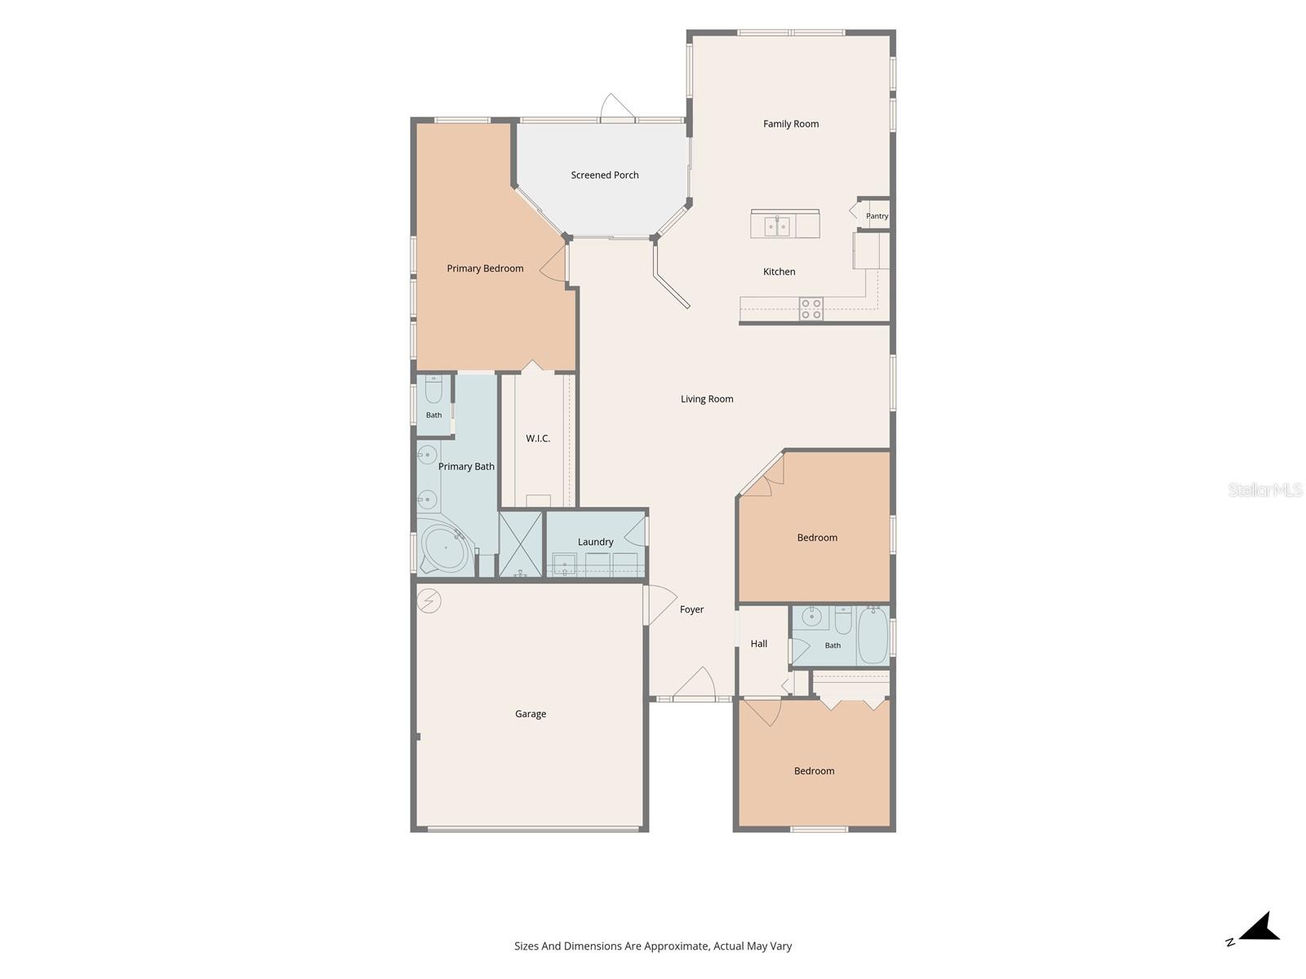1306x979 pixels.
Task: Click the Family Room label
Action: tap(790, 124)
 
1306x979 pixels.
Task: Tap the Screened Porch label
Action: tap(605, 175)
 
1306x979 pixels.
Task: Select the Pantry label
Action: tap(877, 215)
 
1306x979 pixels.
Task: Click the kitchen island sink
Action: tap(776, 225)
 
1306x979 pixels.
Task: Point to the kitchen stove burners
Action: tap(811, 308)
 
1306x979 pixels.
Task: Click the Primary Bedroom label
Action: tap(485, 268)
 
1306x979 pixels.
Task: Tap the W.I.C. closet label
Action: tap(537, 438)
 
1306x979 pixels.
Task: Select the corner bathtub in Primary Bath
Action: tap(445, 547)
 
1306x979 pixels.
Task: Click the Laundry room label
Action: tap(595, 542)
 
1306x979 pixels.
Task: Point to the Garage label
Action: tap(530, 713)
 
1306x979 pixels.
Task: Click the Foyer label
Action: tap(691, 609)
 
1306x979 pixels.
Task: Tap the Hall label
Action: tap(758, 643)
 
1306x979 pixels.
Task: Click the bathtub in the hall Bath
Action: tap(873, 635)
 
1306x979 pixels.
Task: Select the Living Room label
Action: tap(707, 399)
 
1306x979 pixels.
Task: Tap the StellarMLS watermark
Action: tap(1265, 489)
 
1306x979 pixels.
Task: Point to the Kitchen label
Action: tap(779, 272)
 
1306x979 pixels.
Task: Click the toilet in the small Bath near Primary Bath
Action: tap(433, 389)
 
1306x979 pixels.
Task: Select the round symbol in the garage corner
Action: tap(429, 601)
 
